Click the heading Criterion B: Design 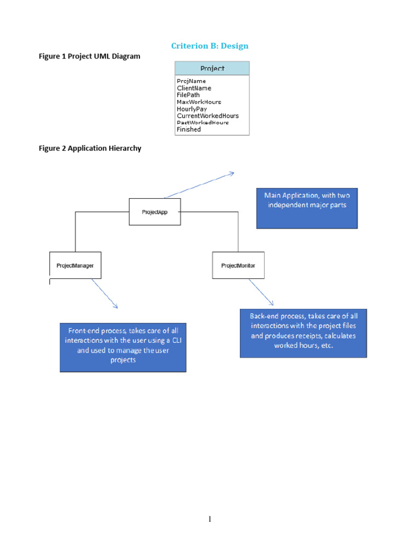(x=210, y=46)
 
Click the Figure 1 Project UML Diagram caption (x=90, y=56)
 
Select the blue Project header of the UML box (x=212, y=69)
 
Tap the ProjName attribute (x=191, y=81)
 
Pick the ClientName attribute (x=194, y=88)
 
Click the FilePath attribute (x=188, y=95)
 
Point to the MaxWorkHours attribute (x=199, y=102)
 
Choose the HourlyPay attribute (x=191, y=109)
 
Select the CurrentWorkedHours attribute (x=208, y=116)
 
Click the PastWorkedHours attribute (x=202, y=123)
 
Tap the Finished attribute (x=189, y=129)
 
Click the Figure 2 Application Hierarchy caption (x=90, y=148)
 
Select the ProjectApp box (x=155, y=212)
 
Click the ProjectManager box (x=75, y=265)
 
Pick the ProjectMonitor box (x=238, y=265)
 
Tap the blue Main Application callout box (x=307, y=208)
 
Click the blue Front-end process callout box (x=123, y=347)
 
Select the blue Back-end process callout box (x=303, y=333)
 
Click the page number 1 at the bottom (x=209, y=519)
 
